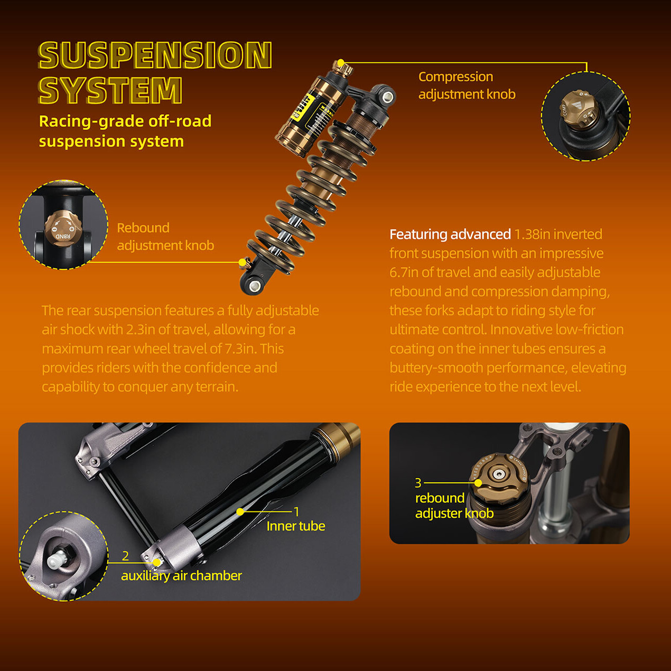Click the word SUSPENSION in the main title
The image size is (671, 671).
click(155, 55)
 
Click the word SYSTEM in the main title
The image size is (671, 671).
click(110, 90)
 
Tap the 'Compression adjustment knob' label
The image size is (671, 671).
click(467, 85)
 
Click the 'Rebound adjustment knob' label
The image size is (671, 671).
click(165, 236)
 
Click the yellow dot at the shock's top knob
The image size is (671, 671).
click(341, 63)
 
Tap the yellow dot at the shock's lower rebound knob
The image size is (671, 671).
click(243, 262)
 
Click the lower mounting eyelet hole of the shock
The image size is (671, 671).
click(255, 286)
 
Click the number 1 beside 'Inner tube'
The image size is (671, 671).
click(296, 511)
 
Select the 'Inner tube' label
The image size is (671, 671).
click(296, 526)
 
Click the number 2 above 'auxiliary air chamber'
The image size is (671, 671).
click(125, 556)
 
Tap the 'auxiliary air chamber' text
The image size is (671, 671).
click(181, 576)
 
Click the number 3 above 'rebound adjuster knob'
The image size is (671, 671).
click(418, 482)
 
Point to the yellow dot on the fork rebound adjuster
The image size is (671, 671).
click(478, 483)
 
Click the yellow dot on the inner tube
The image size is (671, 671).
click(240, 511)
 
